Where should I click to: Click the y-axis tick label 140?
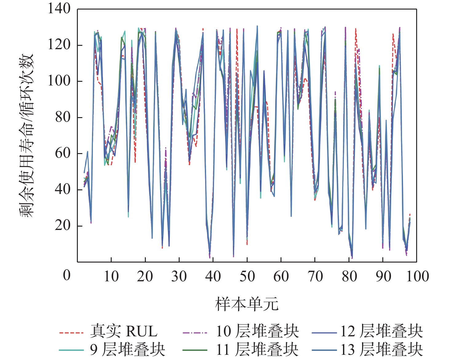coord(59,9)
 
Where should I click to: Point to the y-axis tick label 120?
coord(59,45)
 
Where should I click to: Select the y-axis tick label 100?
coord(59,81)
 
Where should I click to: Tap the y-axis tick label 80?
coord(63,117)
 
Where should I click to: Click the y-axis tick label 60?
coord(63,153)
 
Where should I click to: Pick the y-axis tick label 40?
coord(63,189)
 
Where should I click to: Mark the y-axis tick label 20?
coord(63,226)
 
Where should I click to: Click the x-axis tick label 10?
coord(111,276)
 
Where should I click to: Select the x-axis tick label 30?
coord(179,276)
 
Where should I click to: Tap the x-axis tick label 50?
coord(247,276)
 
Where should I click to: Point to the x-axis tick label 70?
coord(315,276)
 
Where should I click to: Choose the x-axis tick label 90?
coord(383,276)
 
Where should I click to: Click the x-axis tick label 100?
coord(417,276)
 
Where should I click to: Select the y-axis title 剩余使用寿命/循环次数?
coord(27,135)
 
